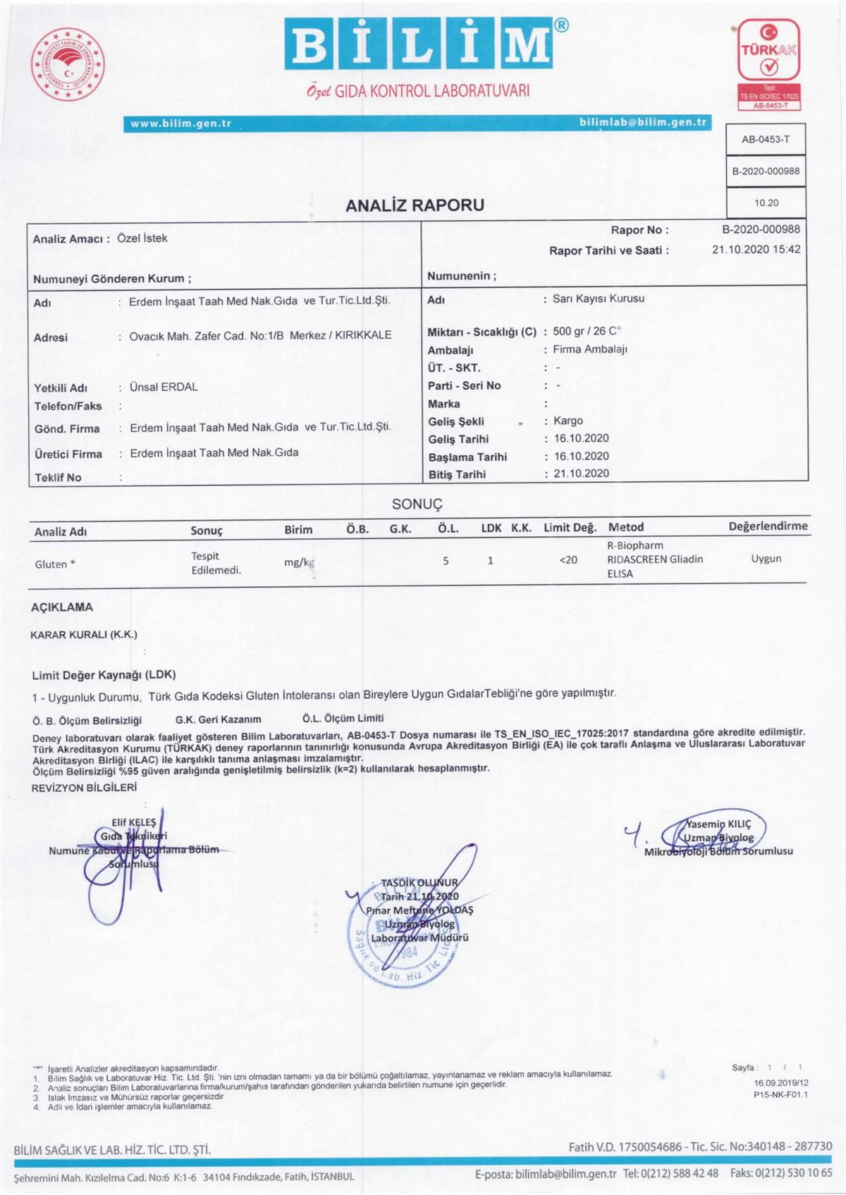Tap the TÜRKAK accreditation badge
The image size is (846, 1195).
point(768,63)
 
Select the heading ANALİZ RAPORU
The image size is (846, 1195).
point(415,206)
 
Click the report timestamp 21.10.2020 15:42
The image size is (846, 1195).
point(756,249)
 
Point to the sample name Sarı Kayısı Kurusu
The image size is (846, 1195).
point(599,299)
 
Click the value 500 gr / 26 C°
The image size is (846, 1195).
point(587,331)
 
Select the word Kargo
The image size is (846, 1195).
point(568,421)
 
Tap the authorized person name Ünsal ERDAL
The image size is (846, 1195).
point(164,387)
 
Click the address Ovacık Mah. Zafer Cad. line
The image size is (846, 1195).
point(260,335)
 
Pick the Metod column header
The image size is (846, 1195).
point(626,527)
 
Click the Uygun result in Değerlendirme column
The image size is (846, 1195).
point(766,559)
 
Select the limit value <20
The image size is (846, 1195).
point(568,560)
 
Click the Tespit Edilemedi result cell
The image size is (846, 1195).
point(216,563)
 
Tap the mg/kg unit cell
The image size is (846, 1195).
point(299,562)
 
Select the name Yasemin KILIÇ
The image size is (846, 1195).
point(718,824)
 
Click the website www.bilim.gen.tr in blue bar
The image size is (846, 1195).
point(181,123)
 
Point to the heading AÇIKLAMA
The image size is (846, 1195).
point(62,607)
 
